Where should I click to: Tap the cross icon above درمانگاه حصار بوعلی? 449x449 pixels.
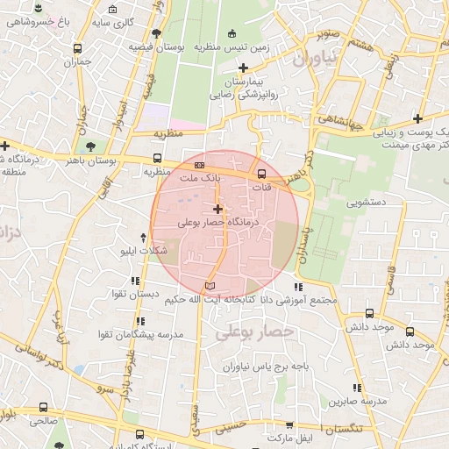tap(218, 209)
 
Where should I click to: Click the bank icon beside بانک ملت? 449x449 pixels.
tap(200, 165)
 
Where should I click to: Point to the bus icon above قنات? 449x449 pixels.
tap(262, 172)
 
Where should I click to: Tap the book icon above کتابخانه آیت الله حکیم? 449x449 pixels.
tap(209, 285)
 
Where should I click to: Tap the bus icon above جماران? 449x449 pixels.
tap(79, 49)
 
